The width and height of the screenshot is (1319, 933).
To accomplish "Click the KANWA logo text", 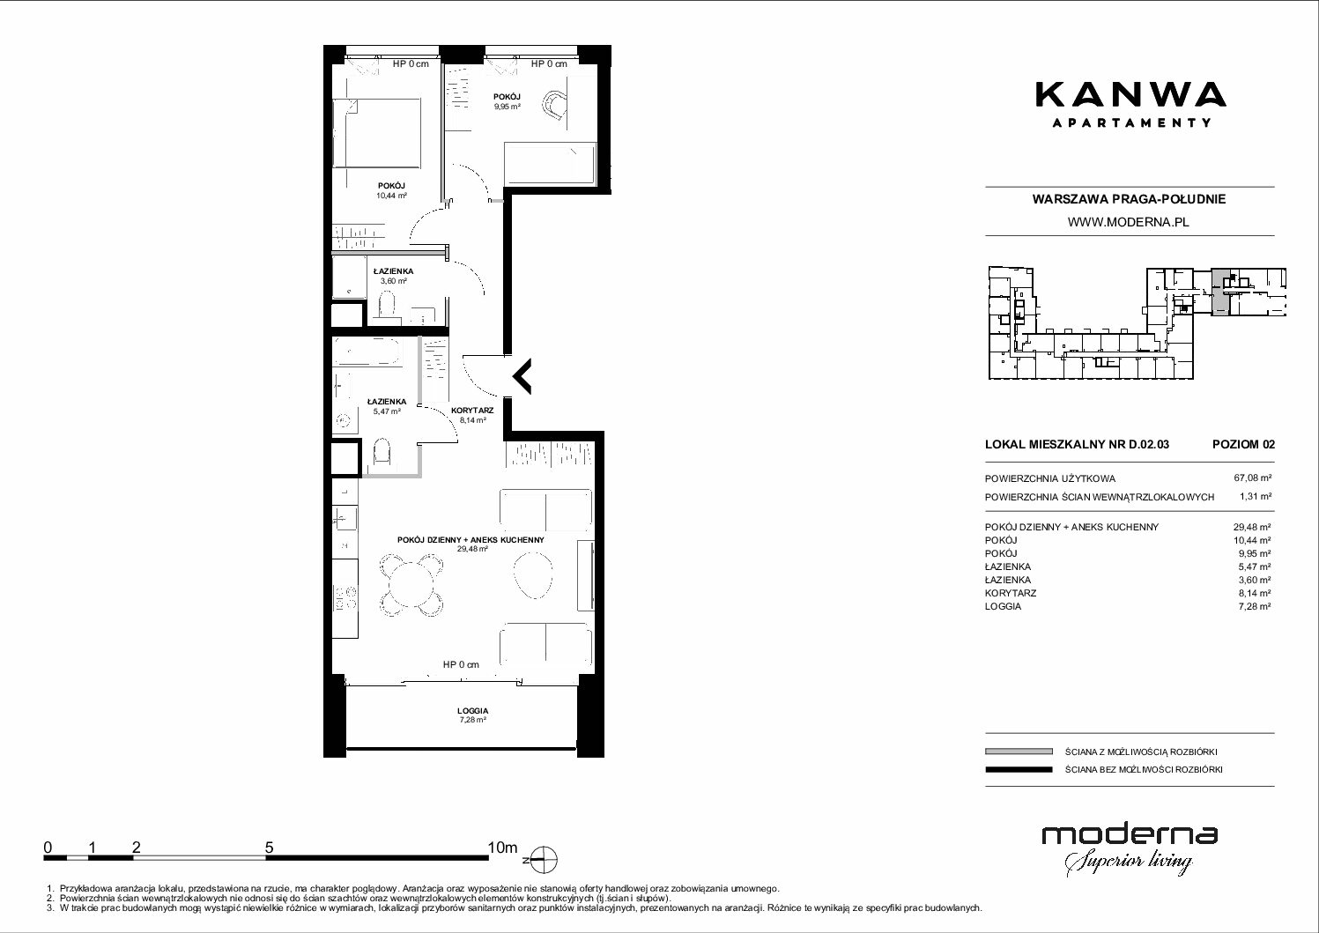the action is coord(1130,95).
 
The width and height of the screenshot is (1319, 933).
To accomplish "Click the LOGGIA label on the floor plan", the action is coord(472,710).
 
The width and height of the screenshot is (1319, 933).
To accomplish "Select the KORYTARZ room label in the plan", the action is coord(472,411).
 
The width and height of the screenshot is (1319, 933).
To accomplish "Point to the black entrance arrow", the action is coord(522,375).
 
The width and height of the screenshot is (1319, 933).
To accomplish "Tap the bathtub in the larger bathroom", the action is coord(367,352).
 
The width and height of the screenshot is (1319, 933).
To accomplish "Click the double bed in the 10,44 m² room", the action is coord(377,133).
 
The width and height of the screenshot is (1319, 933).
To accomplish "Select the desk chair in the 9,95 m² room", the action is coord(555,106).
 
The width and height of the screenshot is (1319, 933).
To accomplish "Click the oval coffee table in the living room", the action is coord(533,574).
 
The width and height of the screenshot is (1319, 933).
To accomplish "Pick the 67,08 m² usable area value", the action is coord(1252,478).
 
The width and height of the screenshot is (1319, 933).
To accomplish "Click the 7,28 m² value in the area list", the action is coord(1254,606).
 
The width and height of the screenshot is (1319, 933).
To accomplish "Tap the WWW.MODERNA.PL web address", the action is coord(1128,222).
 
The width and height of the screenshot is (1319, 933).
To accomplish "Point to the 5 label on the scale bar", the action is coord(269,847).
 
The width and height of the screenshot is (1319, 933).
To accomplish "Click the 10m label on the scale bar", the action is coord(502,847).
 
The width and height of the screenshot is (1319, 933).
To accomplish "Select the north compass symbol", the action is coord(545,859).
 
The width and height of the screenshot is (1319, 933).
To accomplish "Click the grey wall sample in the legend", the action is coord(1019,752).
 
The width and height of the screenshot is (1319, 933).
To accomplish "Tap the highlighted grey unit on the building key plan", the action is coord(1219,292).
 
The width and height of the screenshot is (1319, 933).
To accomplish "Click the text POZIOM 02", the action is coord(1243,444).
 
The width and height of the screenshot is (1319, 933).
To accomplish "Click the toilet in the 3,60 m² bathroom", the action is coord(387,306).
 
